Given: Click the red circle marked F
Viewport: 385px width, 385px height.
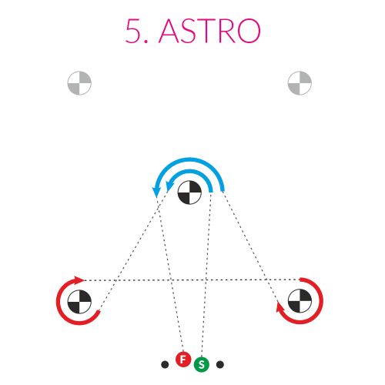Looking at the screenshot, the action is [x=183, y=360].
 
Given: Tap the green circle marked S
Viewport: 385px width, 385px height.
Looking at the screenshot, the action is [x=202, y=364].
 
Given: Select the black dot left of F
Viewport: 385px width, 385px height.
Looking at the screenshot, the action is [x=165, y=364].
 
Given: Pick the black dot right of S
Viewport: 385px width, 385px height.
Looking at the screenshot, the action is [x=220, y=364].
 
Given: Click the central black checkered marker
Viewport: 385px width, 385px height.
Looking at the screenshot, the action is [x=189, y=192].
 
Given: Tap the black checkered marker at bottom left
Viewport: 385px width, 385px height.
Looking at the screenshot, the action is [x=79, y=302].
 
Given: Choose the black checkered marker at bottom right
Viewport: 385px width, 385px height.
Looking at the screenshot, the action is [x=300, y=301].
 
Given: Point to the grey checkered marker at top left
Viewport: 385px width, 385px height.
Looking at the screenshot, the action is [x=79, y=83].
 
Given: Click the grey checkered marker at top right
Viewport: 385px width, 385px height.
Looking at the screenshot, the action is [x=300, y=83].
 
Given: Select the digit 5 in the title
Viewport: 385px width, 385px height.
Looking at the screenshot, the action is [x=133, y=31].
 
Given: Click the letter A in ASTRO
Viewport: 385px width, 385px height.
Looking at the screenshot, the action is [x=169, y=31].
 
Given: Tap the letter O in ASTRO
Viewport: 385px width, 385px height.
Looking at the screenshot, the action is [x=249, y=31].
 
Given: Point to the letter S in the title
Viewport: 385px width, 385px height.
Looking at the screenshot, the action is [x=189, y=31].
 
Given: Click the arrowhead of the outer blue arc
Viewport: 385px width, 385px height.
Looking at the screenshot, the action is [x=156, y=192].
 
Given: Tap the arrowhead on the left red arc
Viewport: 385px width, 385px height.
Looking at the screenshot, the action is [x=79, y=280].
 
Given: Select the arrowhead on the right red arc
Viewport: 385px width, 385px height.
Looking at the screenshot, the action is [x=280, y=307].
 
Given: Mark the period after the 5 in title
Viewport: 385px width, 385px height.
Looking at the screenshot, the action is [x=146, y=41].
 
